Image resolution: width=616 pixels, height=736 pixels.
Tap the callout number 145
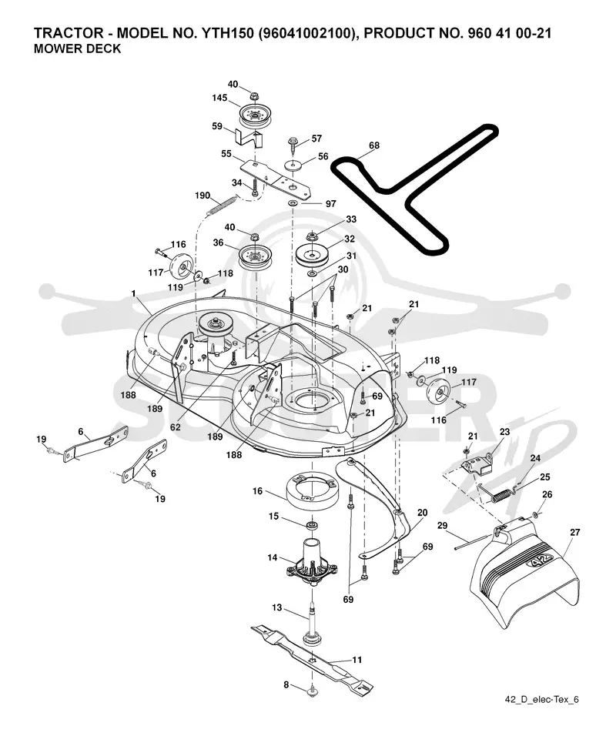pos(219,98)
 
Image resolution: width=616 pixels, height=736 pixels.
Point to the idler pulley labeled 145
pos(255,115)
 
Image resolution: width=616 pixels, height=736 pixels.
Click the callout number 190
pos(203,196)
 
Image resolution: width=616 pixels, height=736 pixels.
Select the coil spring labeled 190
pos(222,206)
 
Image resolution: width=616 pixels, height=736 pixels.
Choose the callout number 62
pos(175,427)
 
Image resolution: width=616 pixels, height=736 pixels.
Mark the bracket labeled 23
pos(477,465)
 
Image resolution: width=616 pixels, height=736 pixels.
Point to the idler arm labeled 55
pos(276,179)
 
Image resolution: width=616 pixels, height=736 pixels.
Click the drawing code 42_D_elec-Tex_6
pos(541,699)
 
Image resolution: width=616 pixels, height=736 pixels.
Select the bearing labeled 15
pos(311,524)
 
